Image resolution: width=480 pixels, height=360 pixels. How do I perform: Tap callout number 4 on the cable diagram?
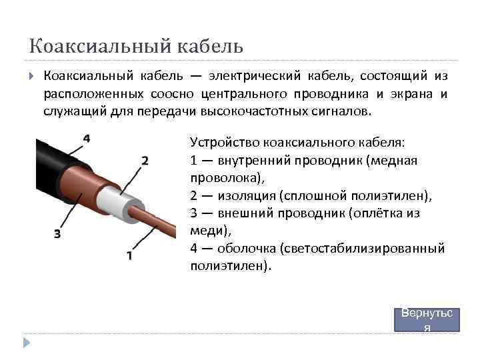tap(87, 139)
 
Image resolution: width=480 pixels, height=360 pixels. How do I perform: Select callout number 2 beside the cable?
tap(145, 161)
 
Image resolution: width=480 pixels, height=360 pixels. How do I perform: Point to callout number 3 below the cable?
tap(57, 233)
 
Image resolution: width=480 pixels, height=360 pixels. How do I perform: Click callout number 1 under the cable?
tap(129, 255)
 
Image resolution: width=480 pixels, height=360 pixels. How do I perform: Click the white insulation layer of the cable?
tap(120, 201)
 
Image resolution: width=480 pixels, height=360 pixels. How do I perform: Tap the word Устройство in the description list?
tap(225, 142)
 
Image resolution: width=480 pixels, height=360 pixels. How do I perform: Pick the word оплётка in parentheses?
tap(376, 213)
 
